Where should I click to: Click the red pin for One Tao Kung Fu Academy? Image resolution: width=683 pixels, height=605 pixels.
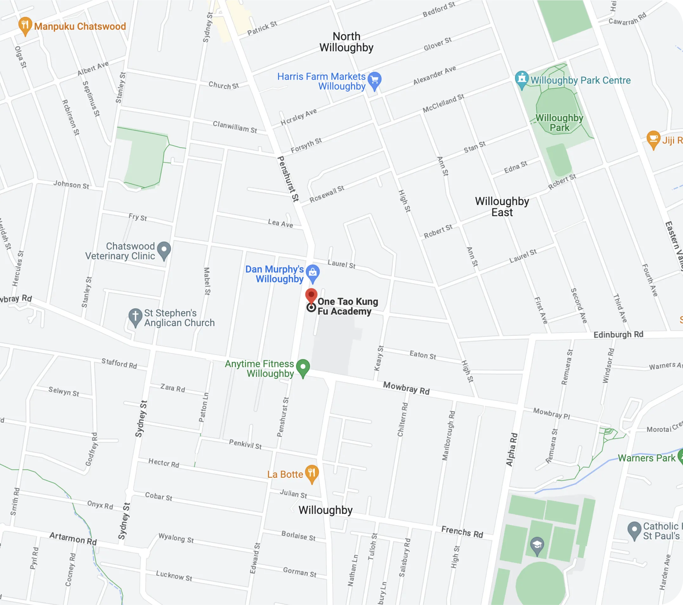coord(311,295)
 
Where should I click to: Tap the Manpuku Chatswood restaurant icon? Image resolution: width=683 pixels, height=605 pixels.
coord(25,25)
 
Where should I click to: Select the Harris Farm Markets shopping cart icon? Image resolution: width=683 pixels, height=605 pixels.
coord(374,80)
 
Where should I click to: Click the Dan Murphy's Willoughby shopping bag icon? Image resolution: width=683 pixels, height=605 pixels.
coord(312,272)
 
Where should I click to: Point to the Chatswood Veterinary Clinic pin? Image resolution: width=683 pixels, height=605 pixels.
coord(164,249)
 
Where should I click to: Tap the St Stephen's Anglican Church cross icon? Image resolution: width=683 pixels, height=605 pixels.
coord(135,316)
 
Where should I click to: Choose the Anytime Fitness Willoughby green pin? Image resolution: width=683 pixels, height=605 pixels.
coord(303,367)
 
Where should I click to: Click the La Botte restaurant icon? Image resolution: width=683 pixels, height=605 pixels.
coord(311,473)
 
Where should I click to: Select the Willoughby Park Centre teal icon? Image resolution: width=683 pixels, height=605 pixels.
coord(522,79)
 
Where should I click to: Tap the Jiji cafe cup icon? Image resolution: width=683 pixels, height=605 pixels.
coord(653,138)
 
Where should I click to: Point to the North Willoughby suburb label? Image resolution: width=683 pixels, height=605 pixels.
coord(346,42)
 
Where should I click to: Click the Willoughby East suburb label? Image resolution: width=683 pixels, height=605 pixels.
coord(502,207)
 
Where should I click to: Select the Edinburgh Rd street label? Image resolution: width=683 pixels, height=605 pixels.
coord(618,335)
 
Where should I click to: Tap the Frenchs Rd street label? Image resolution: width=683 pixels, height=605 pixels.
coord(462,531)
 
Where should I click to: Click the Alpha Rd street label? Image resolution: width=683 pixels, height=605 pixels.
coord(511,450)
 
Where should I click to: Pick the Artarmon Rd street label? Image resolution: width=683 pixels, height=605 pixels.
coord(73,538)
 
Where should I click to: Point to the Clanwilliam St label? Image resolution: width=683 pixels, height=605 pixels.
coord(235,127)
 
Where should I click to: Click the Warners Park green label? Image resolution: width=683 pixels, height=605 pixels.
coord(646,458)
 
